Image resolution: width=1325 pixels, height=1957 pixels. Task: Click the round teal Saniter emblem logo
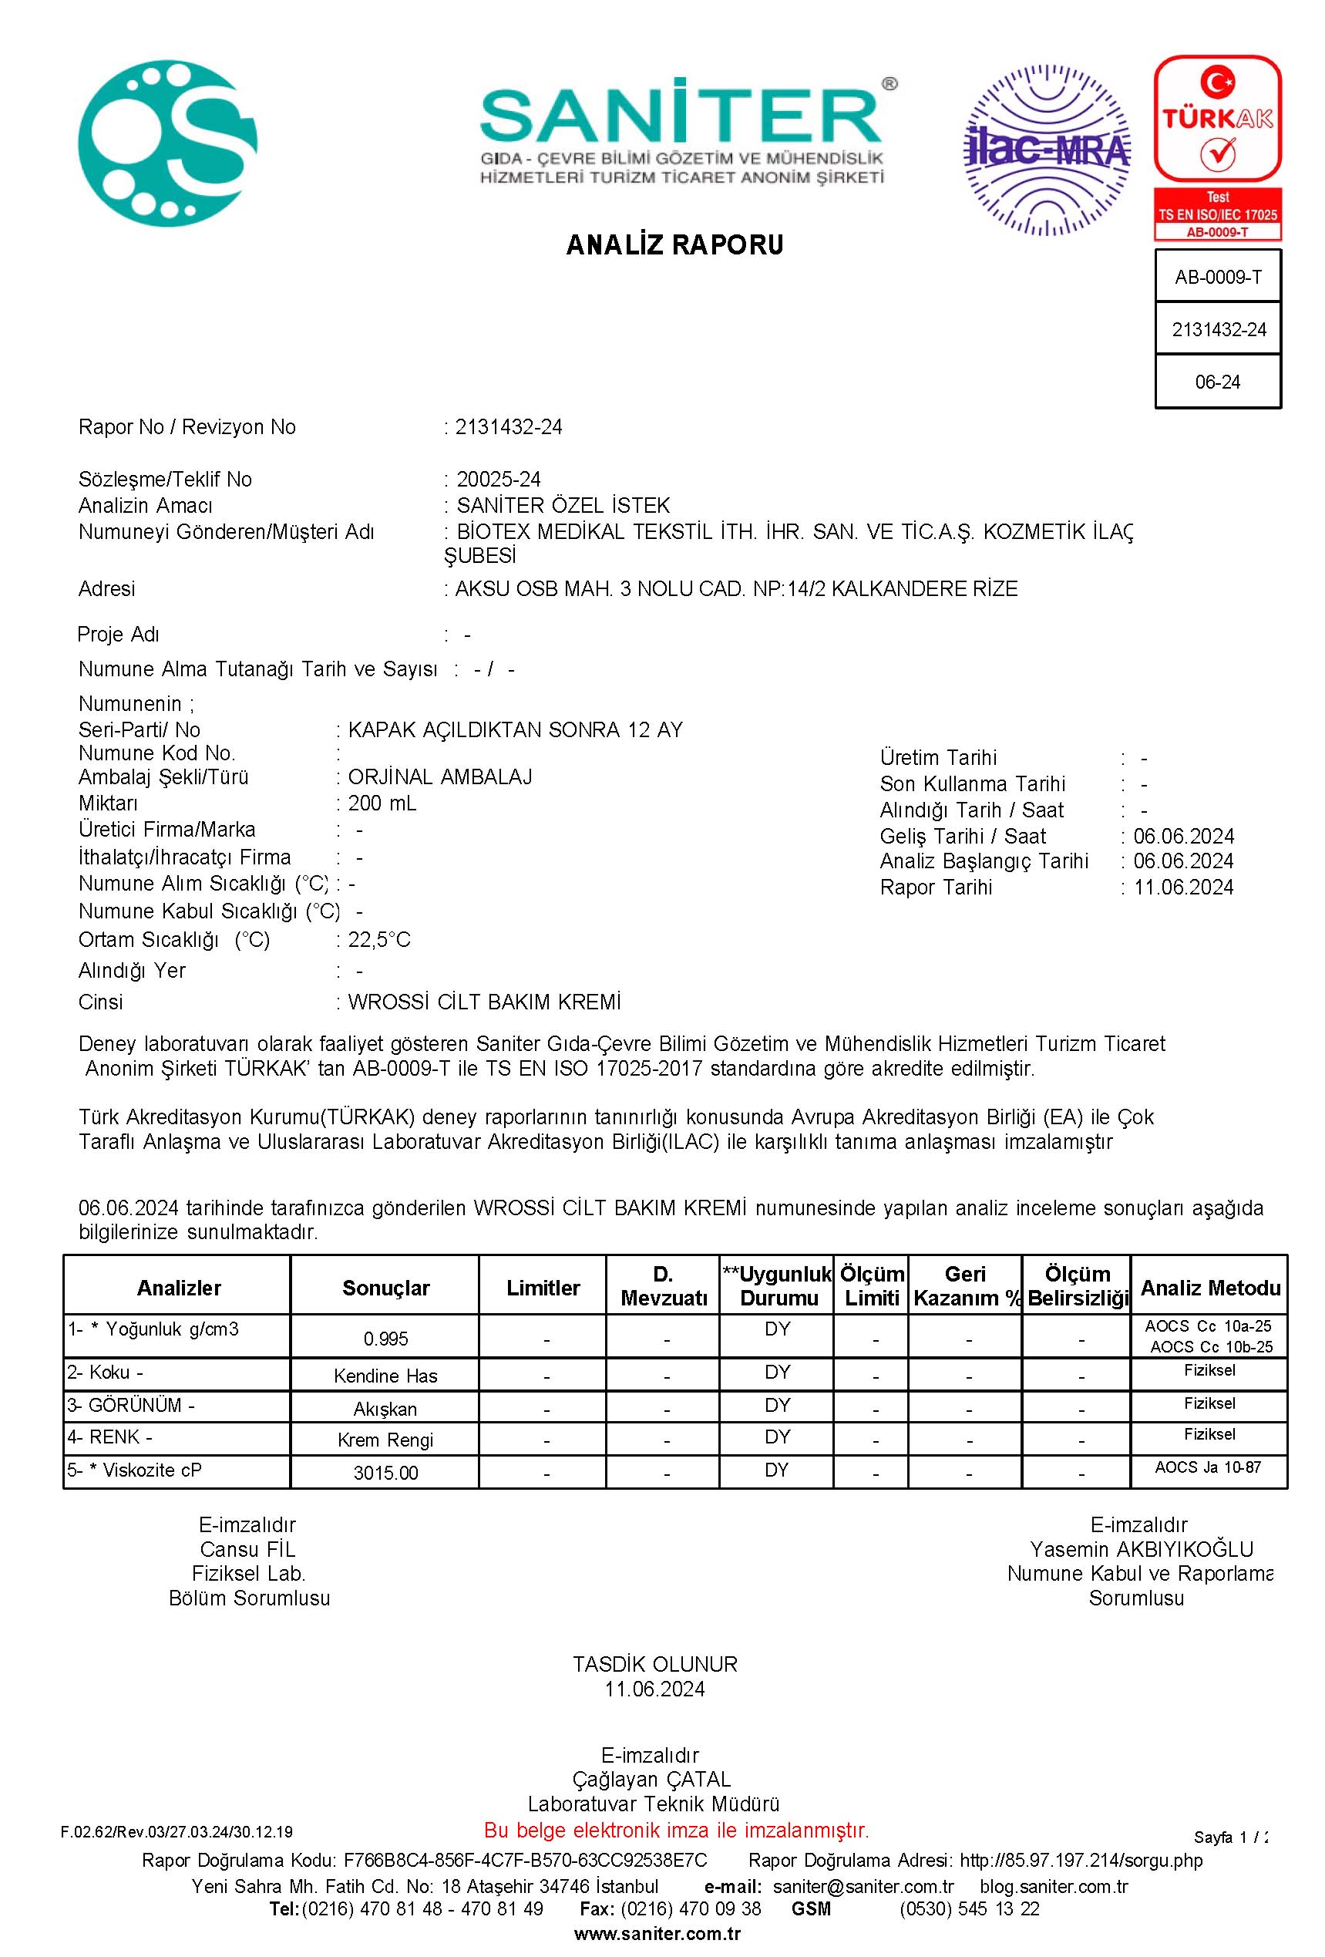point(166,143)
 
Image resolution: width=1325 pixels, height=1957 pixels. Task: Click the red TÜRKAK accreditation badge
point(1217,148)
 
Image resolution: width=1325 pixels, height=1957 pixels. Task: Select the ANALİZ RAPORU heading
point(674,245)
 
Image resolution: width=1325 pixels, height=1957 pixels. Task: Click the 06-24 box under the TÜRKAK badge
point(1217,382)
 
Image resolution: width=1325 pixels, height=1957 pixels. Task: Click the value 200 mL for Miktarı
point(382,803)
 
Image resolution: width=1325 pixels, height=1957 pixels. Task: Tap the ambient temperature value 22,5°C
point(378,940)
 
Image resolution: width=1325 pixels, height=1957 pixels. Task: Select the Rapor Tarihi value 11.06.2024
point(1182,888)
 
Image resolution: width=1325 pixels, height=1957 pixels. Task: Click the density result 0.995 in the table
point(385,1339)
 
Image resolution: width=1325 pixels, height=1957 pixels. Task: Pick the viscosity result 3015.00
point(385,1473)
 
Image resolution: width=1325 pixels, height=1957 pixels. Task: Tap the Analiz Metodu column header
point(1209,1288)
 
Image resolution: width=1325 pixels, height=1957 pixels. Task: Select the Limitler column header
point(543,1288)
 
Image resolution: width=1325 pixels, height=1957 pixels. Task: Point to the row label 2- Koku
point(106,1373)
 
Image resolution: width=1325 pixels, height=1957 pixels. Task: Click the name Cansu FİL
point(247,1549)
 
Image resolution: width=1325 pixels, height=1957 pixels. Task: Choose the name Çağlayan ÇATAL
point(651,1780)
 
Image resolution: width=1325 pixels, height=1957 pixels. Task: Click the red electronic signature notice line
point(676,1830)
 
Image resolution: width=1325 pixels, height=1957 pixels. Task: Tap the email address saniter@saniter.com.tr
point(863,1886)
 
